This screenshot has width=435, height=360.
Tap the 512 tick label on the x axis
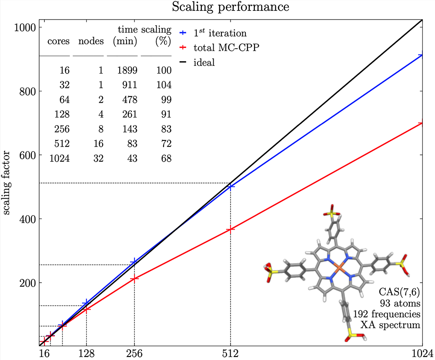pos(230,353)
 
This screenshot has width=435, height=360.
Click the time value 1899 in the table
pos(128,70)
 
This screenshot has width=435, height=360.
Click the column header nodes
pos(91,42)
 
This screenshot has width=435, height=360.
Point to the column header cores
pos(58,42)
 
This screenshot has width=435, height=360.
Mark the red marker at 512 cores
pos(230,229)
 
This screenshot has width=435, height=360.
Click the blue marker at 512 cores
pos(230,187)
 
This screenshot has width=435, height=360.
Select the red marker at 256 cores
pos(134,279)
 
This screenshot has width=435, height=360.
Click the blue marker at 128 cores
pos(87,302)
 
